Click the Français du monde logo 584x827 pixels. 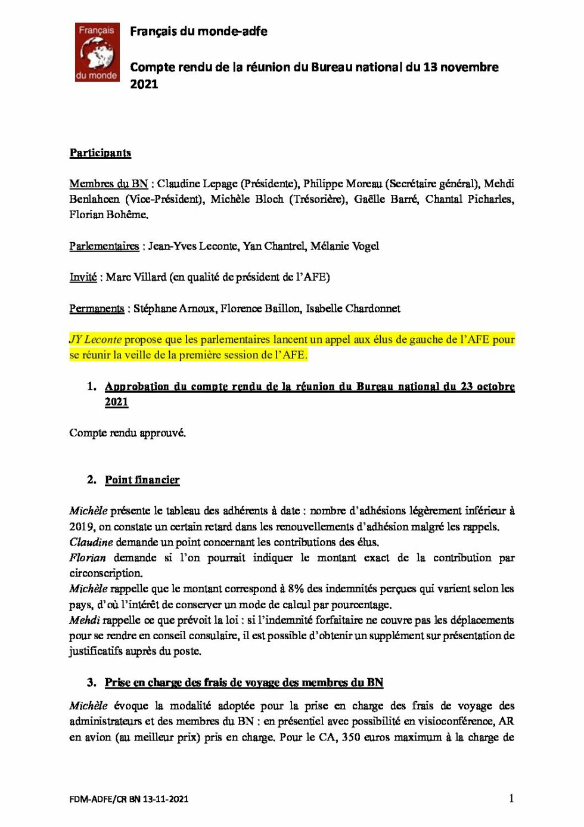click(97, 52)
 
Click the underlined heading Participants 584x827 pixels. click(100, 153)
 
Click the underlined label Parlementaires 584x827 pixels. click(104, 246)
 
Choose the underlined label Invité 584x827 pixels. click(83, 277)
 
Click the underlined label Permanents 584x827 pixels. click(97, 309)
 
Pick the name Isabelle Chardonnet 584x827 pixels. click(353, 309)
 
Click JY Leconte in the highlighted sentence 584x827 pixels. click(95, 340)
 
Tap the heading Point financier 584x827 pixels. click(142, 480)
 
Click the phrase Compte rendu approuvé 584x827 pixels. click(128, 433)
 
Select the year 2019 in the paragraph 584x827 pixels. click(82, 527)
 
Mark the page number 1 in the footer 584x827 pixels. click(511, 798)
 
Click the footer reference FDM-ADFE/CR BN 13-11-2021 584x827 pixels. click(129, 799)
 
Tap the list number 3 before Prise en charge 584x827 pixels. click(91, 683)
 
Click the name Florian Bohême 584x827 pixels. click(108, 215)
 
